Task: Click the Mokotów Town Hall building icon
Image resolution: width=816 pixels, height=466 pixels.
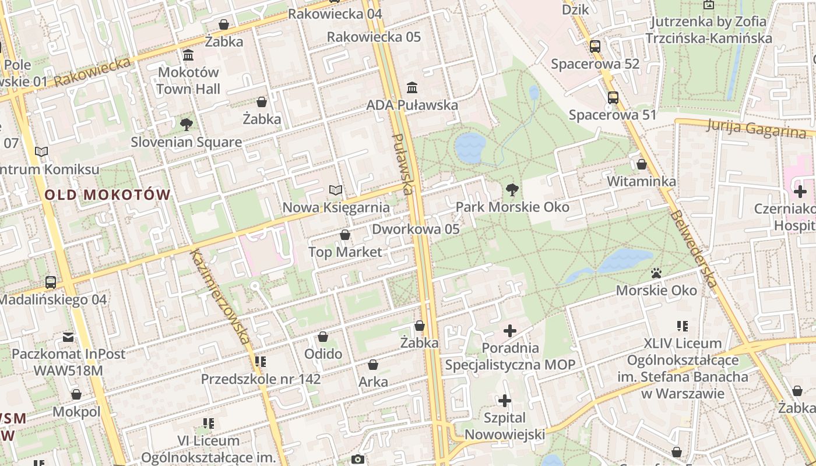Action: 188,55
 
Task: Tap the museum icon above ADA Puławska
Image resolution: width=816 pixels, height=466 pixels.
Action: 412,88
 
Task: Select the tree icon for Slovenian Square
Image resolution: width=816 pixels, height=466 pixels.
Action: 187,124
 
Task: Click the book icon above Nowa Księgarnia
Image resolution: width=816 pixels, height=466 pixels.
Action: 336,190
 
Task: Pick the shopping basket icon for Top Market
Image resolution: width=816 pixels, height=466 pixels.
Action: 345,235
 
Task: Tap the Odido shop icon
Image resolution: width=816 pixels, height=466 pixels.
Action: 323,337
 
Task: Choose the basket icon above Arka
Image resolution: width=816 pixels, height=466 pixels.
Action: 373,365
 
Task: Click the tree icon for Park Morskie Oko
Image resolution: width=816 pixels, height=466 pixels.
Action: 512,189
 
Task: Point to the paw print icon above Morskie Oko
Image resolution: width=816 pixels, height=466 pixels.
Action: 656,273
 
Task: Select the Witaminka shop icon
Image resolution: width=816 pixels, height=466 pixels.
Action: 642,164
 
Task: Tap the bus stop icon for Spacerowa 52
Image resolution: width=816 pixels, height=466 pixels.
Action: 595,47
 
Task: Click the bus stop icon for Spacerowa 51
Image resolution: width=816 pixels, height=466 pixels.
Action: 613,97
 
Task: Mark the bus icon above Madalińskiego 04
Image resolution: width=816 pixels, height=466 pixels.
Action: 51,283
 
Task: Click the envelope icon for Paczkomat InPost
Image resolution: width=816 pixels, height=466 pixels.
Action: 69,337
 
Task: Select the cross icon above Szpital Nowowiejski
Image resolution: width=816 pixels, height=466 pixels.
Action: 505,401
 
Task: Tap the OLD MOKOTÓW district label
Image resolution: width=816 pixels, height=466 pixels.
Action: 108,195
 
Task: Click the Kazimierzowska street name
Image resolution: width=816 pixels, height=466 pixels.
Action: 220,296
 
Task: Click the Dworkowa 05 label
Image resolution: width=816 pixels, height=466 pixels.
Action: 416,229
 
